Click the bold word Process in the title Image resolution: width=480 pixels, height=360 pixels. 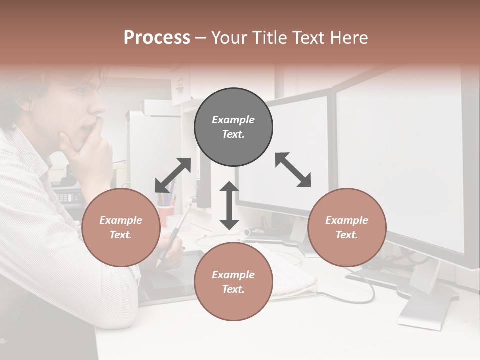click(157, 38)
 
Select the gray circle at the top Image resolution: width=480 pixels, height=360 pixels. click(233, 127)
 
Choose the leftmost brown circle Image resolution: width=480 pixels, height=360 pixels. click(121, 227)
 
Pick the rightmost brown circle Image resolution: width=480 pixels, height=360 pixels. click(347, 227)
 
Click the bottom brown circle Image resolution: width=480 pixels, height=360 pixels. click(233, 281)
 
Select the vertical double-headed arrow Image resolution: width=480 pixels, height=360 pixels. click(229, 205)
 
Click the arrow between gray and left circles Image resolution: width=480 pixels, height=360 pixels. click(173, 175)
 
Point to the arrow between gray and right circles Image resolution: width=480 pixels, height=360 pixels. click(293, 170)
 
